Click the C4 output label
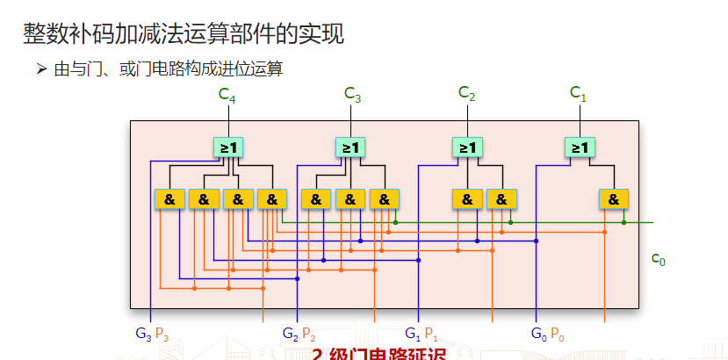pyautogui.click(x=227, y=95)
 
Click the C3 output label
pyautogui.click(x=353, y=94)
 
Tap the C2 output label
pyautogui.click(x=467, y=94)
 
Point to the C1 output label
pyautogui.click(x=578, y=92)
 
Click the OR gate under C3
pyautogui.click(x=350, y=148)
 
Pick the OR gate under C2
pyautogui.click(x=466, y=148)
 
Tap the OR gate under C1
pyautogui.click(x=580, y=148)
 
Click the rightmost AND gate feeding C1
pyautogui.click(x=613, y=199)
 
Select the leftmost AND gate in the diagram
pyautogui.click(x=169, y=199)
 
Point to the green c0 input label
pyautogui.click(x=658, y=259)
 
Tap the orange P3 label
pyautogui.click(x=162, y=334)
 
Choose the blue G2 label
pyautogui.click(x=291, y=334)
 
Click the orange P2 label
pyautogui.click(x=309, y=334)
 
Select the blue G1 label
pyautogui.click(x=413, y=334)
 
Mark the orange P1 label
pyautogui.click(x=431, y=334)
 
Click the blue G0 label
pyautogui.click(x=539, y=334)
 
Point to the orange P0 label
pyautogui.click(x=558, y=334)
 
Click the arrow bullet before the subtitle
pyautogui.click(x=41, y=68)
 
